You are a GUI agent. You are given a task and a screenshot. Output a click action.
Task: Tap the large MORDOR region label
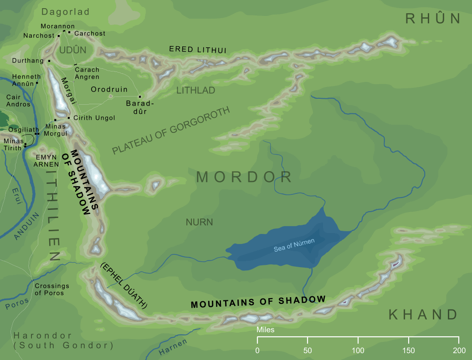coord(244,177)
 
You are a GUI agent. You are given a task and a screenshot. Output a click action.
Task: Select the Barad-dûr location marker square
coord(140,96)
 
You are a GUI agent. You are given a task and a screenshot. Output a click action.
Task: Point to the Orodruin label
coord(109,90)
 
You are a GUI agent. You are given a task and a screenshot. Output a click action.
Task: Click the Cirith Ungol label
coord(94,118)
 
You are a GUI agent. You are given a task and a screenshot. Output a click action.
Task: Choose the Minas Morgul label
coord(56,130)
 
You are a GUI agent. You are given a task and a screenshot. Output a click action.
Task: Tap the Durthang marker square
coord(49,61)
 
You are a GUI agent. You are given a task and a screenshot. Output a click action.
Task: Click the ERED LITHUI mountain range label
coord(198,49)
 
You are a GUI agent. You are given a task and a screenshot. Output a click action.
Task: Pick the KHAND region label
coord(423,314)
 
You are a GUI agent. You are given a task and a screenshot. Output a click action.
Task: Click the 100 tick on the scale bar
coord(358,340)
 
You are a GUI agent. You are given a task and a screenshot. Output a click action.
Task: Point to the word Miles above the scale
coord(266,330)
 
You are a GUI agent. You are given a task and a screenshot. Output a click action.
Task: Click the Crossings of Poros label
coord(51,289)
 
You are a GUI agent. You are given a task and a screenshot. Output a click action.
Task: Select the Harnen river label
coord(173,348)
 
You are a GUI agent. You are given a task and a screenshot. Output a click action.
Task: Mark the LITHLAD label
coord(195,91)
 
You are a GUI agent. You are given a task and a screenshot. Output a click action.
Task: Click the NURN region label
coord(199,222)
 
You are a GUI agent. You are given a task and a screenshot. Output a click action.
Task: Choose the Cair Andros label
coord(18,101)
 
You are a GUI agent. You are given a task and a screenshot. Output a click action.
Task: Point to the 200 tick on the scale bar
coord(459,340)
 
